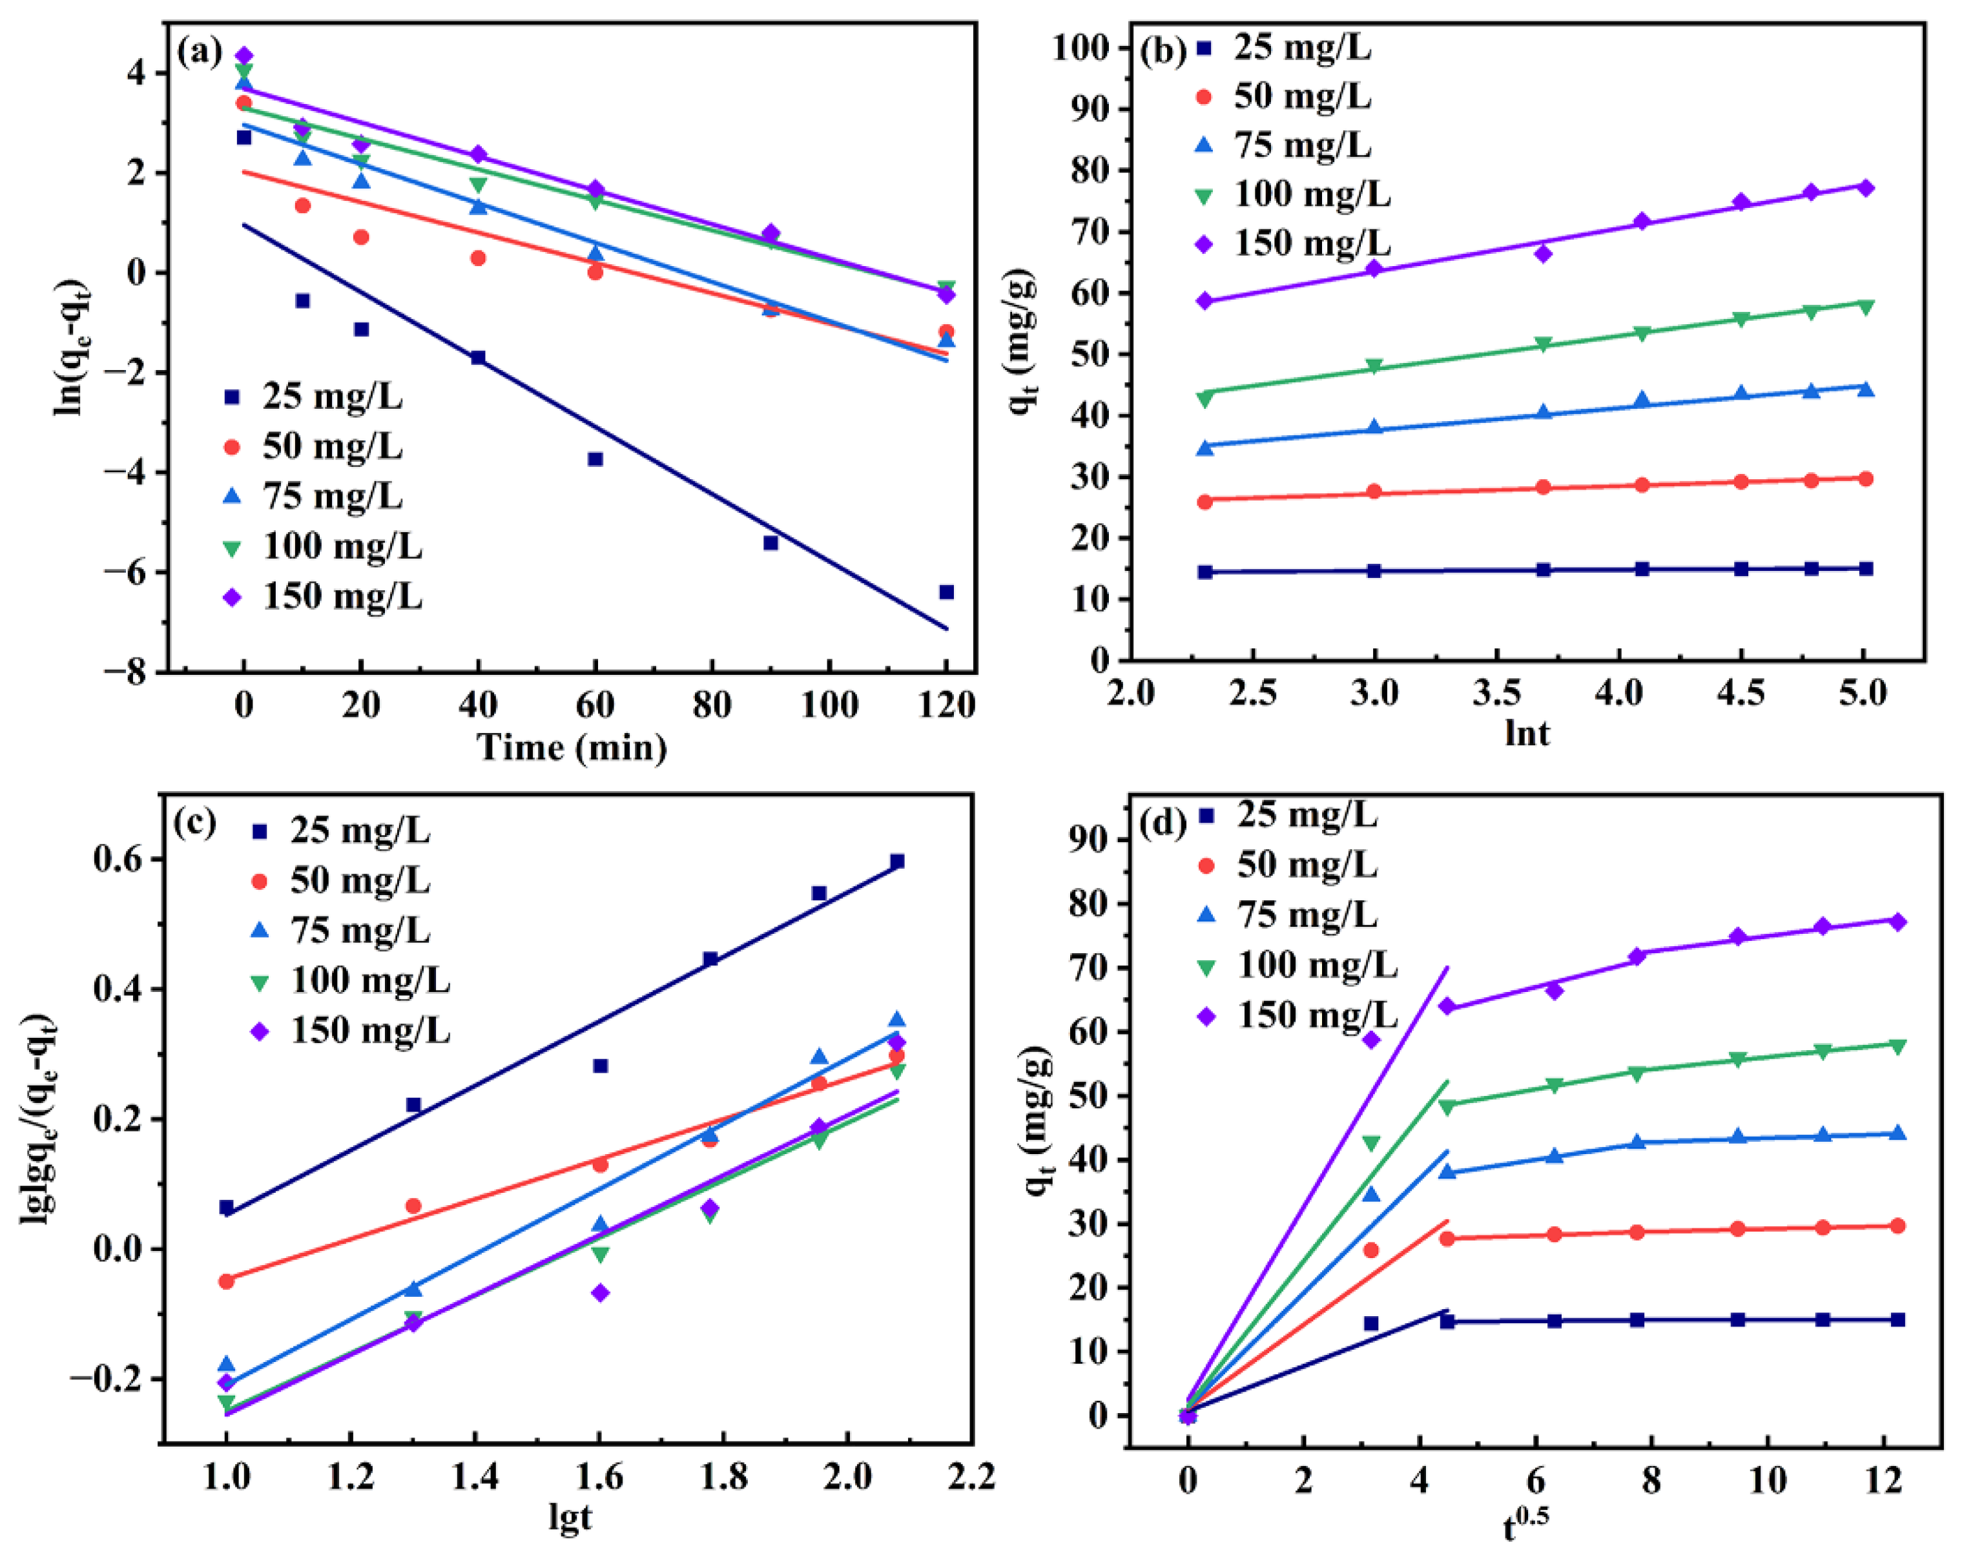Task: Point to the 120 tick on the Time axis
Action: click(946, 705)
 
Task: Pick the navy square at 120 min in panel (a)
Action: click(946, 592)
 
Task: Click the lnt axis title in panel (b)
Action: click(1527, 732)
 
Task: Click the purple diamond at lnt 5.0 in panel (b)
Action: click(1865, 188)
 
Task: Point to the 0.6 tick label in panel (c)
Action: click(120, 859)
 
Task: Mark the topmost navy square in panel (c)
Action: click(896, 861)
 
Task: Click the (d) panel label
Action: click(1163, 823)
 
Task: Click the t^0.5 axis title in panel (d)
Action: click(1525, 1523)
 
